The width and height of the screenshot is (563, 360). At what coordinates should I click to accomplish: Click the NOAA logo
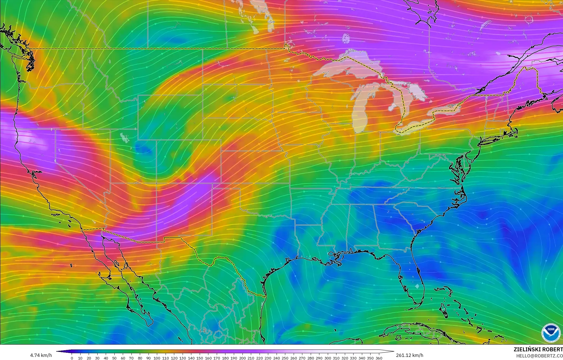coord(551,333)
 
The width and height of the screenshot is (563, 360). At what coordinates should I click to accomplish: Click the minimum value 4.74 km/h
coord(41,355)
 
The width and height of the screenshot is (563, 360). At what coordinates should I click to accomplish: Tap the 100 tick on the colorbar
coord(157,358)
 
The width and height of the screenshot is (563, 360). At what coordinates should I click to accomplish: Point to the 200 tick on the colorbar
coord(242,358)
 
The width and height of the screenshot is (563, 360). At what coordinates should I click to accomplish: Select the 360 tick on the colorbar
coord(378,358)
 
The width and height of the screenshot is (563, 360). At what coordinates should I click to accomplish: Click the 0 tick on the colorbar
coord(72,358)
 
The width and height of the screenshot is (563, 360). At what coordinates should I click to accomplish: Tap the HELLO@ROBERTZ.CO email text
coord(539,356)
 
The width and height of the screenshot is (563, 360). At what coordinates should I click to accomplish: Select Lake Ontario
coord(445,107)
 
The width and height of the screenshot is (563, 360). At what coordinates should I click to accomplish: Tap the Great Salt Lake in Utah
coord(123,137)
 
